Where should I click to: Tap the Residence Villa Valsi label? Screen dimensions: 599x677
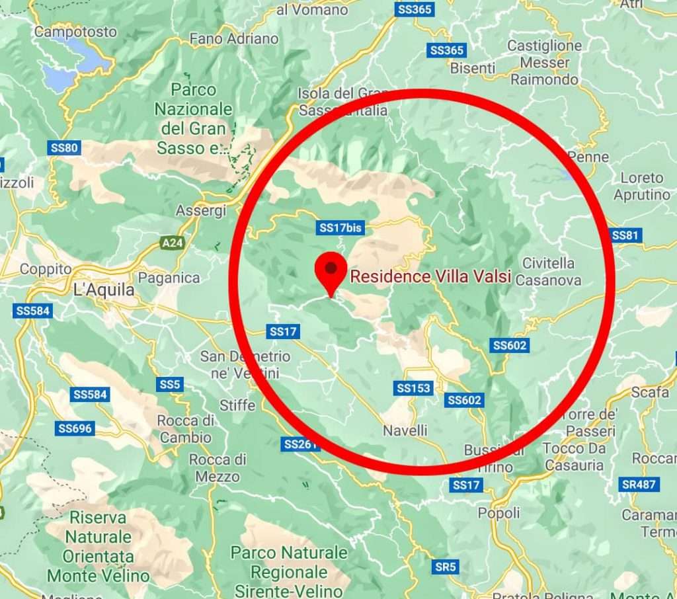pyautogui.click(x=430, y=276)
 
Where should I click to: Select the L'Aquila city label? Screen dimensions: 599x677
pyautogui.click(x=104, y=290)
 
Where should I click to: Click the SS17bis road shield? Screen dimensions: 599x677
pyautogui.click(x=341, y=228)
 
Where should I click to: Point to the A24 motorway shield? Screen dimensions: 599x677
pyautogui.click(x=173, y=244)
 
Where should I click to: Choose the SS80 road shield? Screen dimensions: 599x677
pyautogui.click(x=64, y=147)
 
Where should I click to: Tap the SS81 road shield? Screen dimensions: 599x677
pyautogui.click(x=625, y=235)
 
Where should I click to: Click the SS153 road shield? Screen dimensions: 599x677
pyautogui.click(x=414, y=388)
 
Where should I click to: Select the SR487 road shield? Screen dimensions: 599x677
pyautogui.click(x=639, y=485)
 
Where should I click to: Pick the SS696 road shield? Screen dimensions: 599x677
pyautogui.click(x=75, y=428)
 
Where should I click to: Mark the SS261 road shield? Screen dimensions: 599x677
pyautogui.click(x=300, y=444)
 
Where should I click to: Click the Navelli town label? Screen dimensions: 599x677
pyautogui.click(x=405, y=430)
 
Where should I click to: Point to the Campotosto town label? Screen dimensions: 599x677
pyautogui.click(x=75, y=32)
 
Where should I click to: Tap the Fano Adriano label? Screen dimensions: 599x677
pyautogui.click(x=234, y=39)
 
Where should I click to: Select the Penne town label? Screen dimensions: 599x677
pyautogui.click(x=588, y=157)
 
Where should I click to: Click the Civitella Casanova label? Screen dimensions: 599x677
pyautogui.click(x=548, y=272)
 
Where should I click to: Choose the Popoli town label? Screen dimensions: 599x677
pyautogui.click(x=498, y=513)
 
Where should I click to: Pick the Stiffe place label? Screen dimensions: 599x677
pyautogui.click(x=237, y=405)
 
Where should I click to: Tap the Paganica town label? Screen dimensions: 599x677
pyautogui.click(x=169, y=278)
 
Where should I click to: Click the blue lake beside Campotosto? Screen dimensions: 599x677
pyautogui.click(x=73, y=66)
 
